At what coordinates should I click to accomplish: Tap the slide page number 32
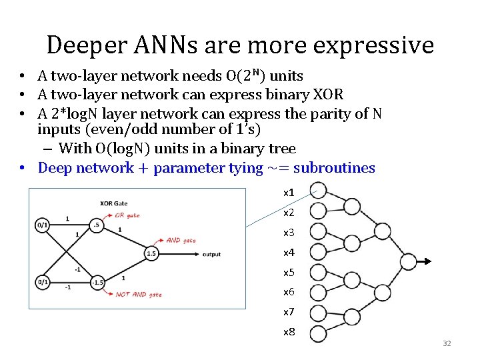[447, 343]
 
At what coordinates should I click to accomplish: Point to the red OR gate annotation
[127, 215]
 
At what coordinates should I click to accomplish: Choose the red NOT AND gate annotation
[139, 294]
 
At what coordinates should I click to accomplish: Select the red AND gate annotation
[181, 240]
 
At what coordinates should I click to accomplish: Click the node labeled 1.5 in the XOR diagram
[151, 253]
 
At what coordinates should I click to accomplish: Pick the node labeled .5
[97, 225]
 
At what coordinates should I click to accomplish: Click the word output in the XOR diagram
[212, 254]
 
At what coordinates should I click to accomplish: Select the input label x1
[289, 193]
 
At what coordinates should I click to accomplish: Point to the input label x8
[289, 331]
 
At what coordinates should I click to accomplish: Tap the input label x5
[289, 272]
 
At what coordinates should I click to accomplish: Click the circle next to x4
[318, 253]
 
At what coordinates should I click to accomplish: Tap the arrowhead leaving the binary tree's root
[428, 261]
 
